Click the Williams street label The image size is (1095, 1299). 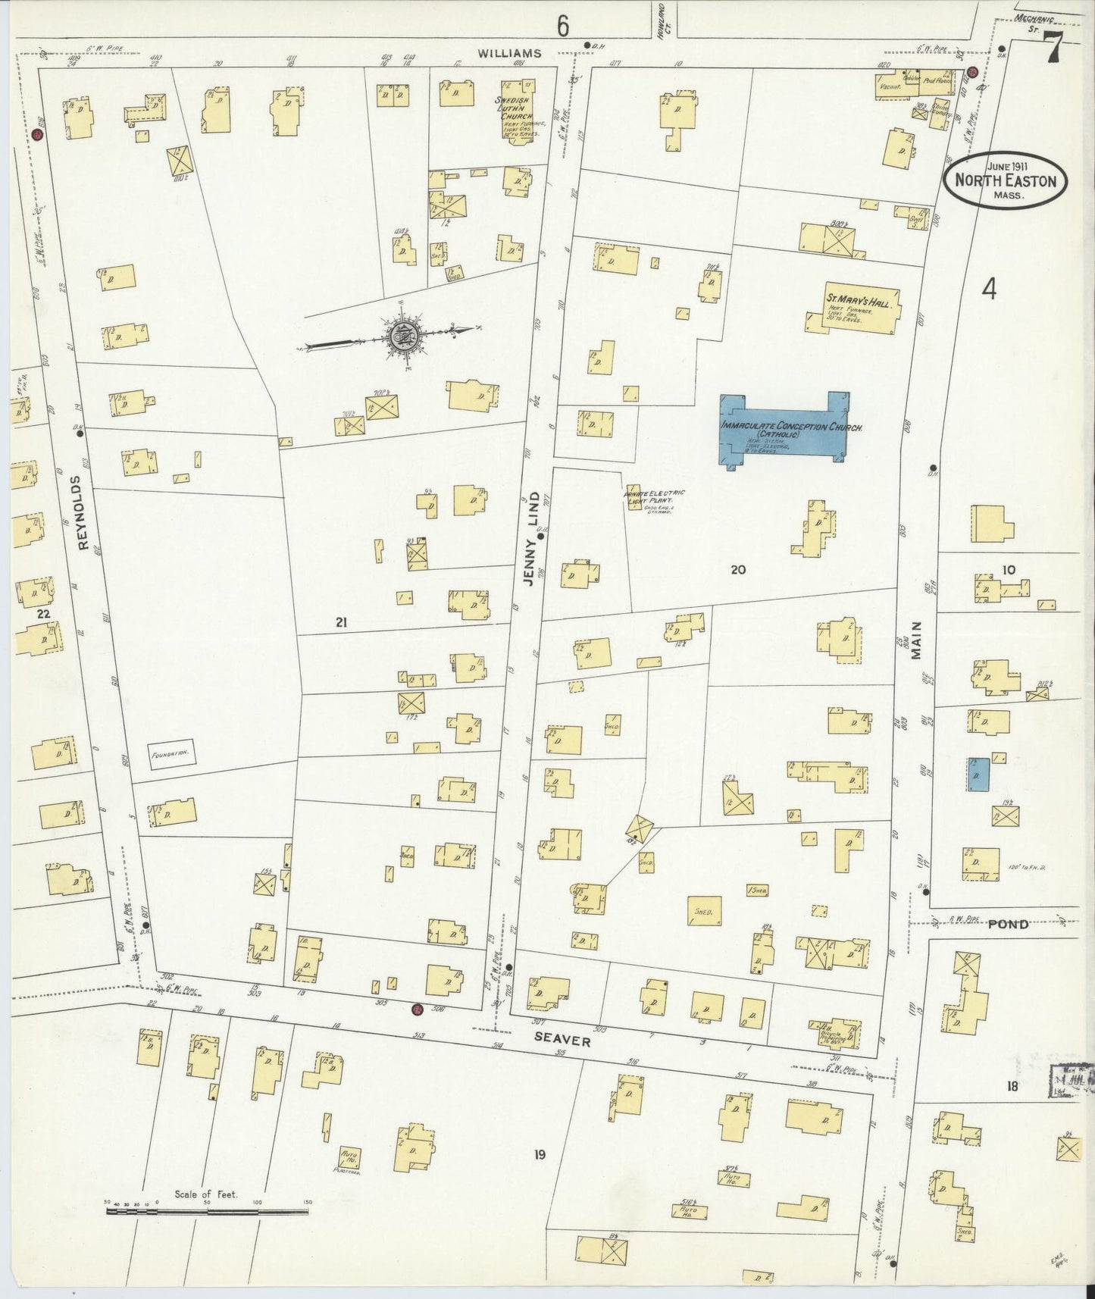(510, 53)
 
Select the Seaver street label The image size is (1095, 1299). (562, 1041)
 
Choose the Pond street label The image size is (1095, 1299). (1008, 924)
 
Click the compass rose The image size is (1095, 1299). (399, 335)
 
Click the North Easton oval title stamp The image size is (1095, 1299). (1006, 180)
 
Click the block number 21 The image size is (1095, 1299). (341, 622)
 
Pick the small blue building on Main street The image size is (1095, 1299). (978, 774)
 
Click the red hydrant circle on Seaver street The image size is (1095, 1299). (416, 1010)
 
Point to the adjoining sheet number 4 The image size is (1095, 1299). (988, 289)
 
